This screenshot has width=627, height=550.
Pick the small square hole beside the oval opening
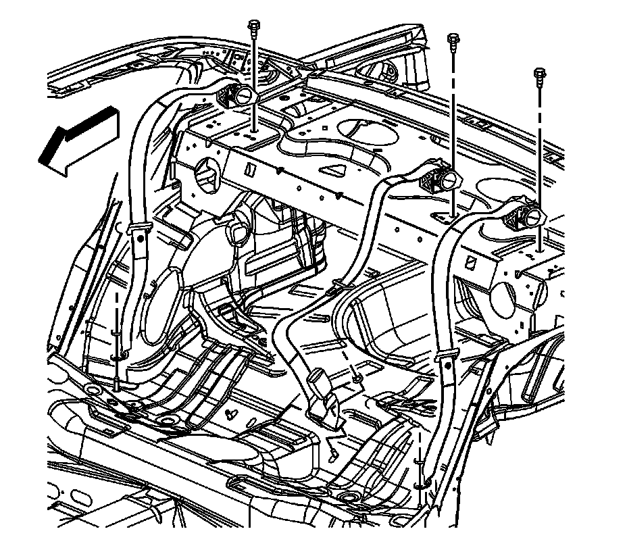click(x=325, y=125)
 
